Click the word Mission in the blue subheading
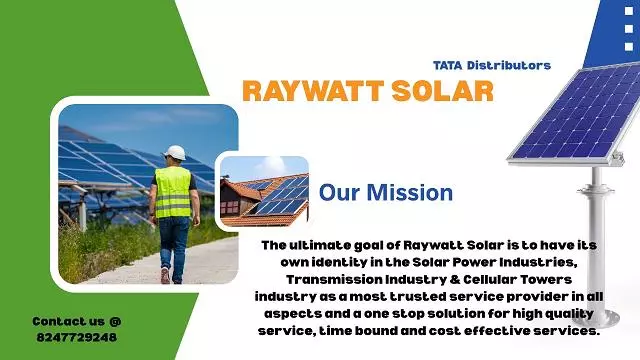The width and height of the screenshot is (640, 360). point(413,191)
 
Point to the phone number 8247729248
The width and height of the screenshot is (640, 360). point(74,337)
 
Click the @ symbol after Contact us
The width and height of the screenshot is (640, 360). point(114,322)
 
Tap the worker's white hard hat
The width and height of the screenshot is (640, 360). point(174,152)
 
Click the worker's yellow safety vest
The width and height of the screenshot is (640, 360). point(173,191)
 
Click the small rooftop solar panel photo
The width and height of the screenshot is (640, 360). point(263,193)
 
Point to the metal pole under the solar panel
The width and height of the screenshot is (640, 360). point(598,220)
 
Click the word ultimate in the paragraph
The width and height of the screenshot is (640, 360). point(323,245)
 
